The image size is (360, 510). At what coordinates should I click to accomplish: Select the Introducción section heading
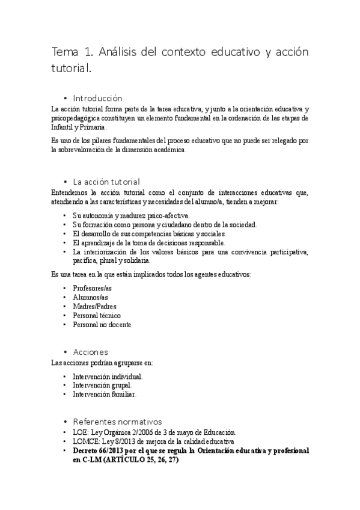click(x=97, y=98)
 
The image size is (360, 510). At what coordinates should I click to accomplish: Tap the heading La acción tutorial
click(x=106, y=182)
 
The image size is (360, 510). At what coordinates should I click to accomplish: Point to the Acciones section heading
click(x=90, y=352)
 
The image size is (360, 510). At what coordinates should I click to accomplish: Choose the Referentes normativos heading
click(x=117, y=422)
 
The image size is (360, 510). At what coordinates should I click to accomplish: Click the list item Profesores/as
click(x=92, y=289)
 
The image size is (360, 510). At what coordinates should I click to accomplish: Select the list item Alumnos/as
click(x=90, y=298)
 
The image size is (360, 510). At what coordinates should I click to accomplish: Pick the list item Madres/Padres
click(x=94, y=307)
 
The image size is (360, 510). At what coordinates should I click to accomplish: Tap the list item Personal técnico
click(x=96, y=316)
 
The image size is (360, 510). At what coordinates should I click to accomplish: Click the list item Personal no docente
click(x=102, y=325)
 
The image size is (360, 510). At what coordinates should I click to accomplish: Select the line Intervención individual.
click(x=108, y=376)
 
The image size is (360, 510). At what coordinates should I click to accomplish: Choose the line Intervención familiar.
click(x=105, y=395)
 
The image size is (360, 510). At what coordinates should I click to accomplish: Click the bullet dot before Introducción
click(x=64, y=99)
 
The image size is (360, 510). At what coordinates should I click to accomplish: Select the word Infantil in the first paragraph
click(x=63, y=127)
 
